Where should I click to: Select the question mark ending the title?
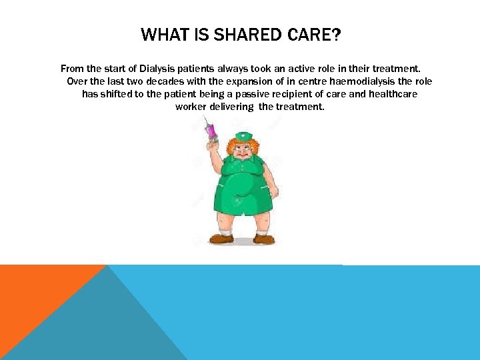(335, 35)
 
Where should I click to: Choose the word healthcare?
(393, 94)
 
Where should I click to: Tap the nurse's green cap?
(245, 137)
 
